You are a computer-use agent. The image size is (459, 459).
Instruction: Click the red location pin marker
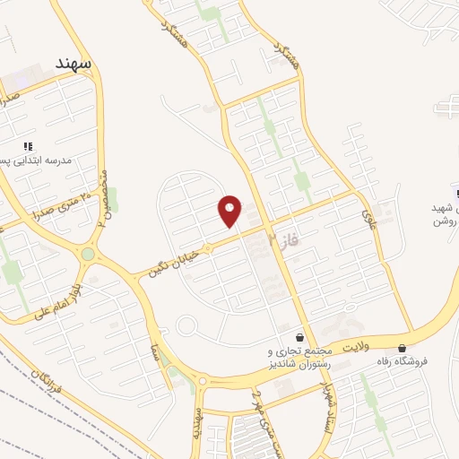coord(230,211)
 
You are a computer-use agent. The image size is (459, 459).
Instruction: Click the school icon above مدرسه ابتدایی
coord(29,145)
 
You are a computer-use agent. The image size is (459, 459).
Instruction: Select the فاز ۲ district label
coord(284,237)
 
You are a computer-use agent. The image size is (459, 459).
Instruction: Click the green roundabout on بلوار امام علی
coord(87,255)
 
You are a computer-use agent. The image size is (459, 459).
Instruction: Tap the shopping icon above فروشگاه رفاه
coord(402,348)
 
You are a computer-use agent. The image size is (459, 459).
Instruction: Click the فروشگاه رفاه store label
coord(427,361)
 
